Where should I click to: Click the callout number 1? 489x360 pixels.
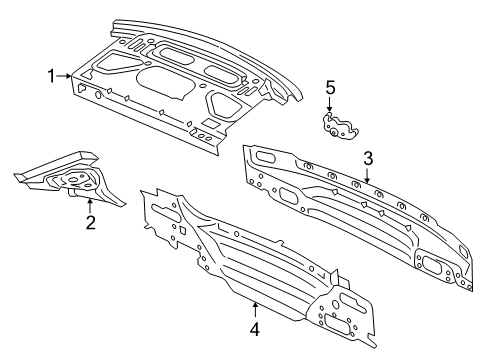click(x=50, y=75)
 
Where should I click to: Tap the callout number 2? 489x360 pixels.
click(x=90, y=222)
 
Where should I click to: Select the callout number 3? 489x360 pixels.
click(x=368, y=157)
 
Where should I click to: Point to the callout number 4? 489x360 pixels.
click(x=255, y=326)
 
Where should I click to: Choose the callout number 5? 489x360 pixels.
click(x=330, y=88)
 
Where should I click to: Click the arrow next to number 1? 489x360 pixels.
click(x=66, y=75)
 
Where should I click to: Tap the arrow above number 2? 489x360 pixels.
click(x=90, y=205)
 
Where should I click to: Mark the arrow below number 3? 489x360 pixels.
click(x=368, y=175)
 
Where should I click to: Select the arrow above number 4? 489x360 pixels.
click(x=255, y=306)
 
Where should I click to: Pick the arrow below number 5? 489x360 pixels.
click(x=330, y=108)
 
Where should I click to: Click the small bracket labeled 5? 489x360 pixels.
click(x=337, y=126)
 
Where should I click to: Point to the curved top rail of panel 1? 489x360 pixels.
click(x=220, y=40)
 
